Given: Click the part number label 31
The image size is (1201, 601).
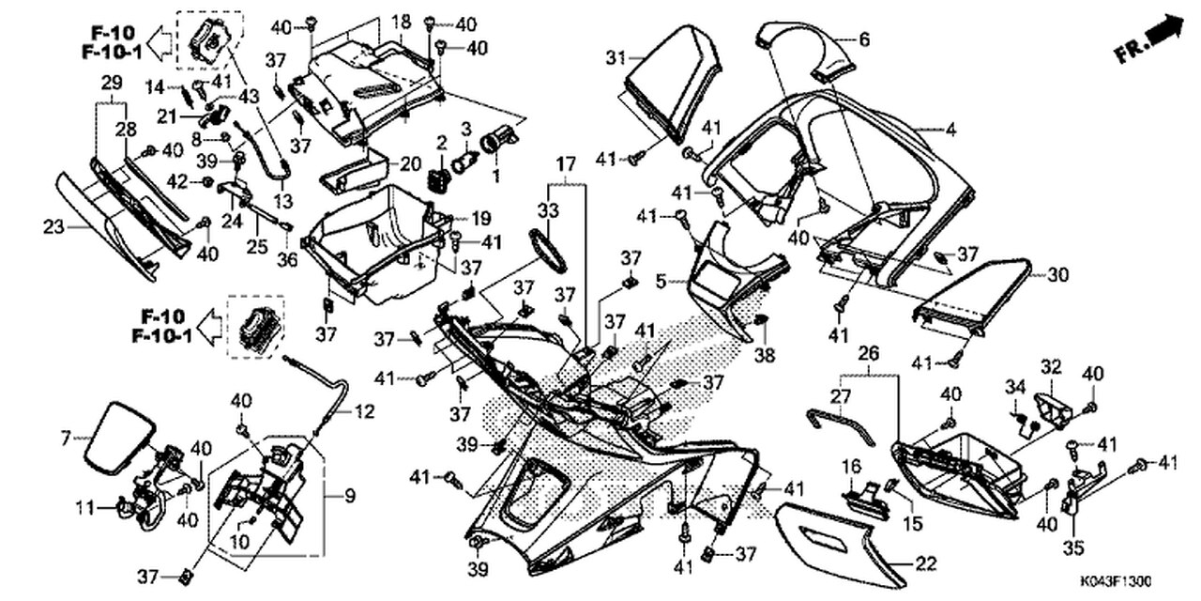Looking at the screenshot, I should pyautogui.click(x=615, y=57).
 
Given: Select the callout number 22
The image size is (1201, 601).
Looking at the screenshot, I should pyautogui.click(x=925, y=563).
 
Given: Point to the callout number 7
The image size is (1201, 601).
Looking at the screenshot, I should pyautogui.click(x=65, y=439).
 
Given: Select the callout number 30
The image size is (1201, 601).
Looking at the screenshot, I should pyautogui.click(x=1057, y=275).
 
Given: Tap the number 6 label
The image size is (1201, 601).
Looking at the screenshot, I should pyautogui.click(x=864, y=39).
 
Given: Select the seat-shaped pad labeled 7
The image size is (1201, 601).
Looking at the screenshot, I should pyautogui.click(x=119, y=439).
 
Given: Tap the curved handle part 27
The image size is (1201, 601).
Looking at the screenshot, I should pyautogui.click(x=841, y=424).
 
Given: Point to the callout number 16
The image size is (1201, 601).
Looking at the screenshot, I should pyautogui.click(x=851, y=466).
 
